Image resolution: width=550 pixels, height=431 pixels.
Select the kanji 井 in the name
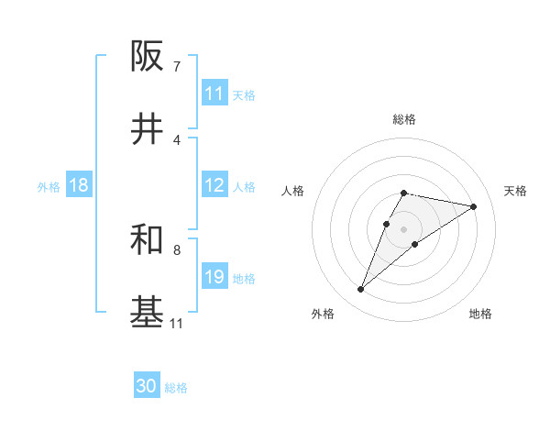click(148, 129)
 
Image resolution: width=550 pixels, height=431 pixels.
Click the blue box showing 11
click(214, 94)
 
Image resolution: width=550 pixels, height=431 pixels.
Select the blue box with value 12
click(214, 185)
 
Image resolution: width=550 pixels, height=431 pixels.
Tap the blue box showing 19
click(214, 277)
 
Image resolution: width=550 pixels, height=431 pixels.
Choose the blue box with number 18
click(79, 185)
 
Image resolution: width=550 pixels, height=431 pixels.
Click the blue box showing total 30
click(147, 387)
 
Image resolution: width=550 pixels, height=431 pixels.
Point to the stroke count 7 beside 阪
click(176, 66)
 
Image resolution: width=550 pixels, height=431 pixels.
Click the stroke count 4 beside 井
click(176, 139)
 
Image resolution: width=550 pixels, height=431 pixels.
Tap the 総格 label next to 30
click(176, 388)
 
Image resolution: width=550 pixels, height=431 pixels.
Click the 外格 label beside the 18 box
click(49, 186)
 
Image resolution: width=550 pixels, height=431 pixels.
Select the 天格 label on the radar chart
click(515, 191)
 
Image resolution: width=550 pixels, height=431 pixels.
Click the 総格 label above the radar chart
click(404, 119)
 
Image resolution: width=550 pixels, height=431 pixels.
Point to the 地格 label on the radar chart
click(480, 314)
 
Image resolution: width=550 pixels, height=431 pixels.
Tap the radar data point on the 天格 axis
click(474, 206)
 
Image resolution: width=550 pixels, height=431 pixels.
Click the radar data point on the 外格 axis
click(361, 290)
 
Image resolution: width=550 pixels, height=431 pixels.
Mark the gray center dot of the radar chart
click(404, 229)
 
